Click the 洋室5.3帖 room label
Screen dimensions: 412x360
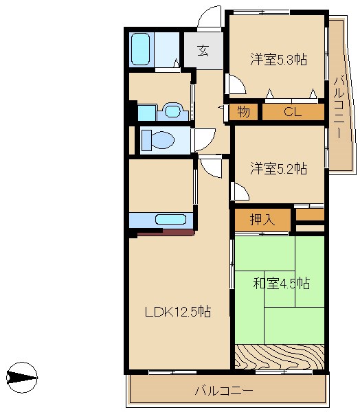(278, 60)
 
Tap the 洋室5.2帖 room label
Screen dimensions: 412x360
(278, 168)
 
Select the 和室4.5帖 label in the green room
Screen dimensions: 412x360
(280, 283)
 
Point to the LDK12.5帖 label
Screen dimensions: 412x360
(177, 311)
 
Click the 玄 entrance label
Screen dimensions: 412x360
(203, 50)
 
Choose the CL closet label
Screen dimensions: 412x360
(293, 112)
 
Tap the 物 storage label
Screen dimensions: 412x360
(243, 112)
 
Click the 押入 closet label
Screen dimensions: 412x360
(261, 220)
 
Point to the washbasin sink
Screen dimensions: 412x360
(172, 111)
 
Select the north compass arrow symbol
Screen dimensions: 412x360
(21, 377)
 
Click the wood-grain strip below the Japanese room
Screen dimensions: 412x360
(278, 356)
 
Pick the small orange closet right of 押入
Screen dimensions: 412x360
(309, 216)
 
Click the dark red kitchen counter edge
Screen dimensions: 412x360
(166, 233)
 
